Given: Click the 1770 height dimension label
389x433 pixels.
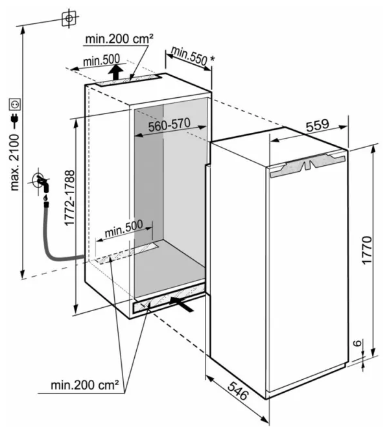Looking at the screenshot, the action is [x=367, y=250].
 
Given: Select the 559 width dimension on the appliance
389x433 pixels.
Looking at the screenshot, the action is [x=317, y=125].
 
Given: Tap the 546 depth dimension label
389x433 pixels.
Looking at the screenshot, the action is [x=238, y=390].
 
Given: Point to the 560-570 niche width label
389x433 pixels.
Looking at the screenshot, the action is [x=169, y=125].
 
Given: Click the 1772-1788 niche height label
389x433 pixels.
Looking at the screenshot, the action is [x=69, y=198].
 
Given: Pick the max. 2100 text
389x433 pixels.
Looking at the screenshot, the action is [x=14, y=163].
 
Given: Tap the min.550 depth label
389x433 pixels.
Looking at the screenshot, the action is [x=189, y=56].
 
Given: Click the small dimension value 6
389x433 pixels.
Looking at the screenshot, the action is [x=357, y=343].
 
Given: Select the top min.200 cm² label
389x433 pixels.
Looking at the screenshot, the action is [x=119, y=39].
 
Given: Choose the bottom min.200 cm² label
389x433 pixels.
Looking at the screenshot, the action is [x=85, y=384].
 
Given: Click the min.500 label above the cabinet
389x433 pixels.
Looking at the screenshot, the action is [x=101, y=60].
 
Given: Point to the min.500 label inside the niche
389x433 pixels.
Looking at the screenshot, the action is [x=124, y=228].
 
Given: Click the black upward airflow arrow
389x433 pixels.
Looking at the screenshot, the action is [x=115, y=72].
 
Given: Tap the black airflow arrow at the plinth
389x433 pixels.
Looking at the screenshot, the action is [x=182, y=304].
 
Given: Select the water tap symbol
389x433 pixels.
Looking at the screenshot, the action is [x=41, y=182].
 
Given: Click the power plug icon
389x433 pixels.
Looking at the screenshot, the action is [x=14, y=119].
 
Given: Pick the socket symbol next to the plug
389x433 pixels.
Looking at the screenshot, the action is [x=15, y=104].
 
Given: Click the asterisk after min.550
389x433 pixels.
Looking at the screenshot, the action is [x=212, y=59].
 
